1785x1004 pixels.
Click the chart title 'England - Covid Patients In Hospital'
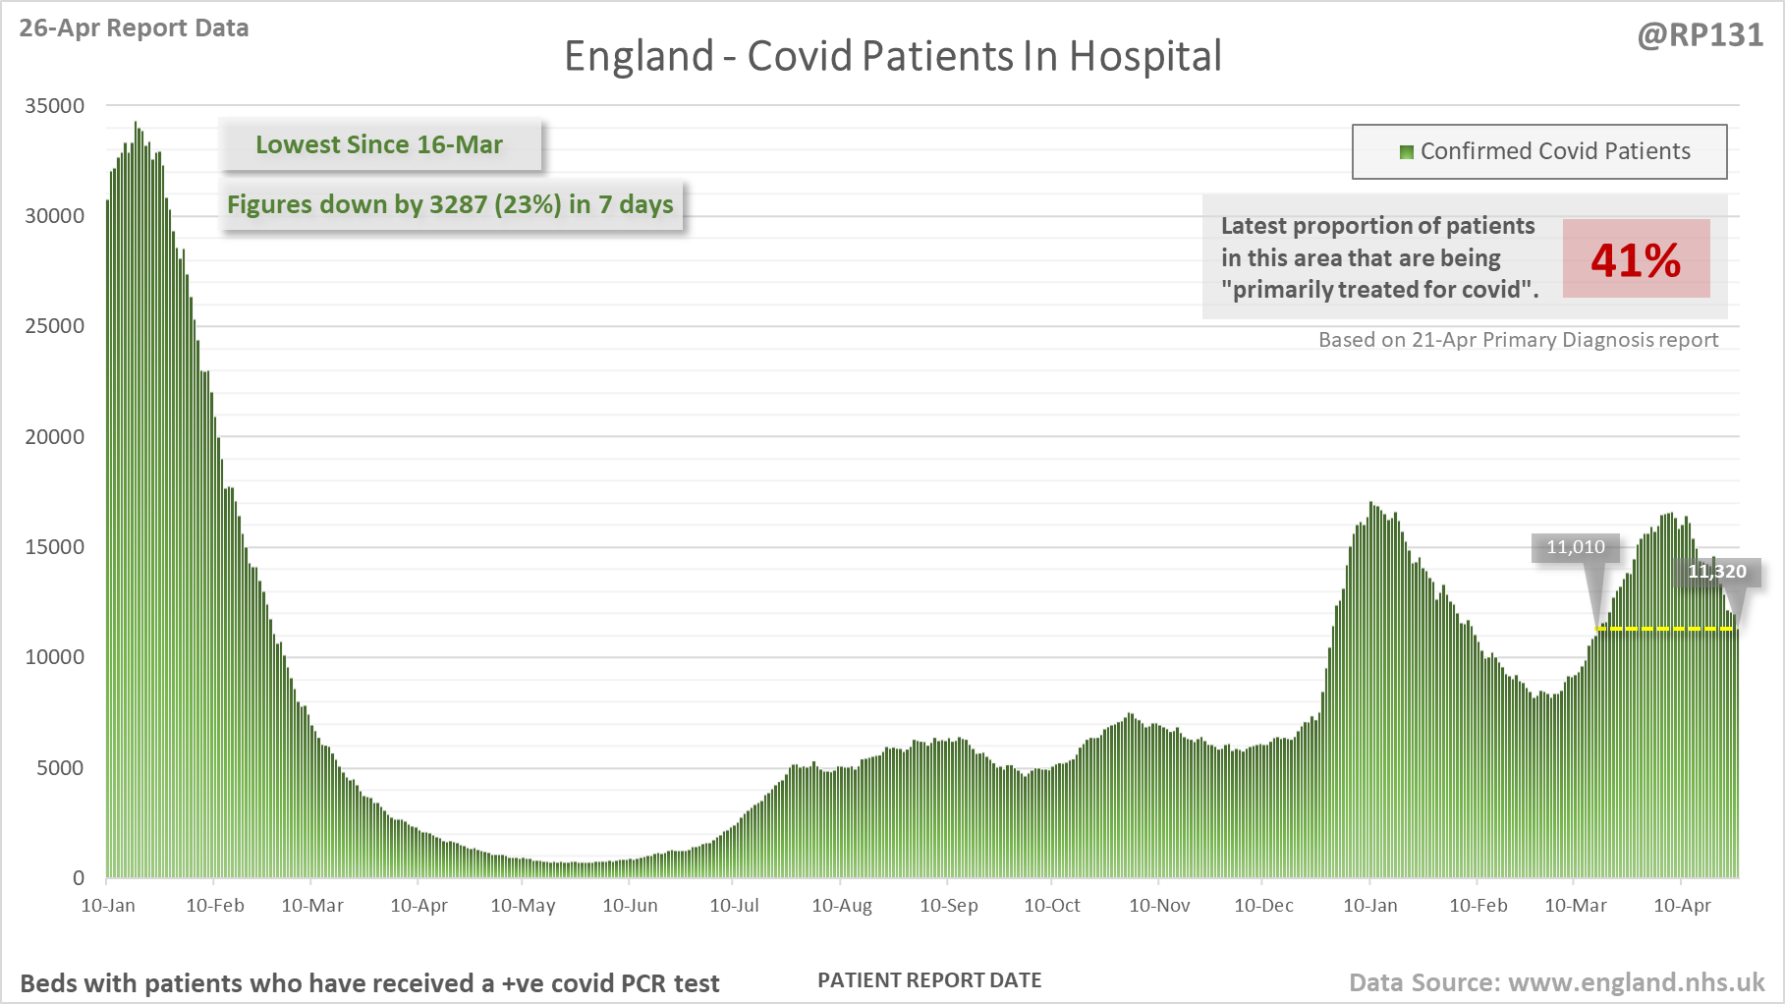pyautogui.click(x=892, y=56)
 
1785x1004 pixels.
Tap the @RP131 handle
pyautogui.click(x=1700, y=35)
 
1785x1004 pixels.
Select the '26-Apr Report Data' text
pyautogui.click(x=134, y=28)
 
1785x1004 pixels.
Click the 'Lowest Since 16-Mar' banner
pyautogui.click(x=379, y=145)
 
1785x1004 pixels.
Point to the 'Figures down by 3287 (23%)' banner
pyautogui.click(x=450, y=204)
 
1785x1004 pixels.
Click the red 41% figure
pyautogui.click(x=1636, y=259)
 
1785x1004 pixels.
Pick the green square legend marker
pyautogui.click(x=1406, y=152)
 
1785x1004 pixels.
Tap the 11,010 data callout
pyautogui.click(x=1575, y=547)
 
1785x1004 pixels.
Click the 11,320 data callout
pyautogui.click(x=1717, y=572)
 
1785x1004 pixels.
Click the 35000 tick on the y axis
pyautogui.click(x=55, y=106)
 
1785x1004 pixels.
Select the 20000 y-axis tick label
pyautogui.click(x=55, y=437)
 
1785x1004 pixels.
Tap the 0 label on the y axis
pyautogui.click(x=79, y=878)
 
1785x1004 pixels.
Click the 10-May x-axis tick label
pyautogui.click(x=523, y=906)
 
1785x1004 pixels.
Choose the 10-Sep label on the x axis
pyautogui.click(x=948, y=906)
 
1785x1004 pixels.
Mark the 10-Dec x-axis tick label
pyautogui.click(x=1263, y=906)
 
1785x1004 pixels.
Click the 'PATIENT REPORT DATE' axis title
pyautogui.click(x=929, y=980)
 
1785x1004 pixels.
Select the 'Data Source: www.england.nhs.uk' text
pyautogui.click(x=1556, y=982)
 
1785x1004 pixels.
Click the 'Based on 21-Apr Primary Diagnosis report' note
pyautogui.click(x=1518, y=340)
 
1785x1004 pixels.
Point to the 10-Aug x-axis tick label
pyautogui.click(x=842, y=906)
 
